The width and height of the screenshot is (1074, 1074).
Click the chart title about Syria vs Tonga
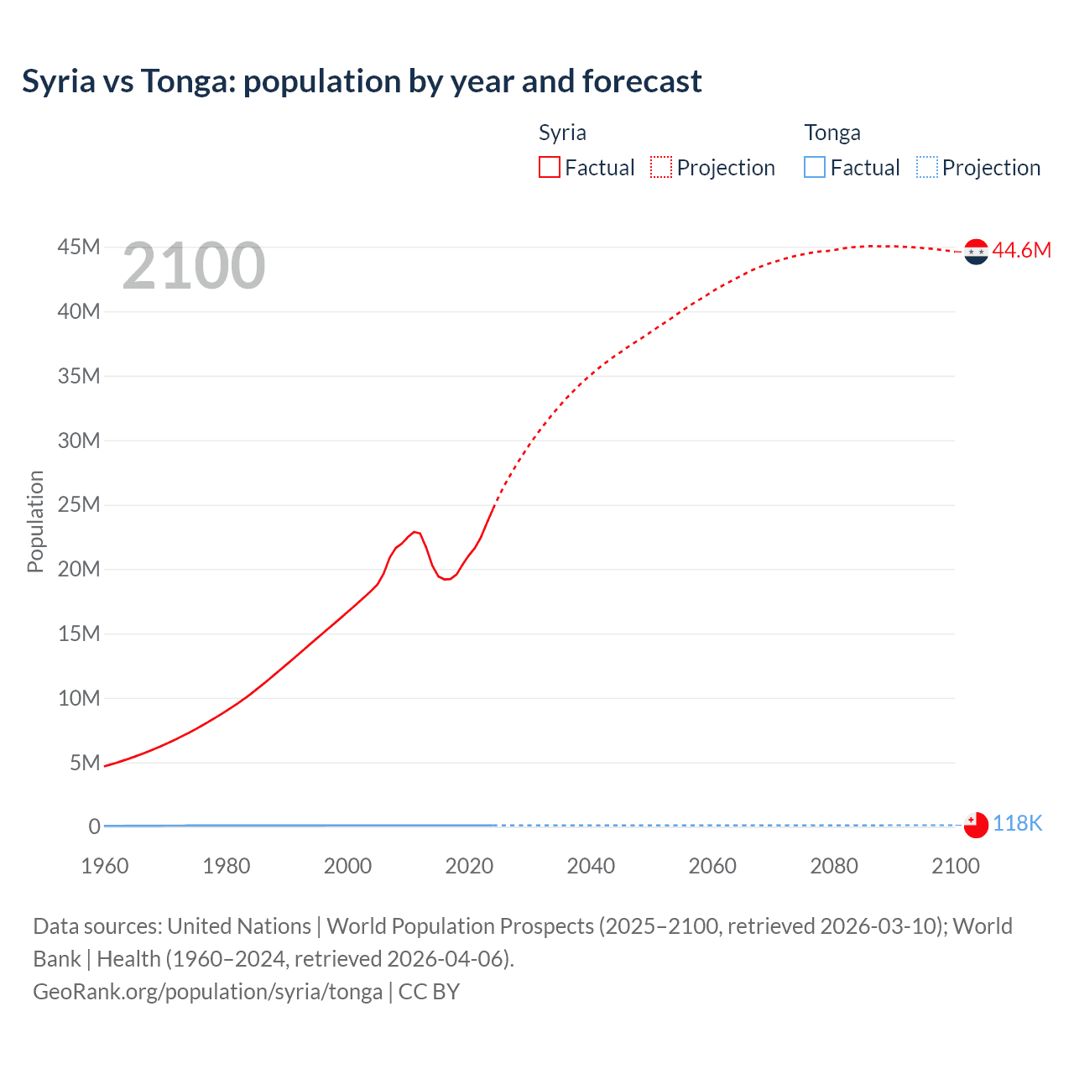coord(362,81)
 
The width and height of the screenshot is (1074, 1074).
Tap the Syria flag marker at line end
coord(976,251)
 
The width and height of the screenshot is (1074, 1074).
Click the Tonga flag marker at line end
coord(976,825)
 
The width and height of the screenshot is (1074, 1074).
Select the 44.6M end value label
coord(1021,250)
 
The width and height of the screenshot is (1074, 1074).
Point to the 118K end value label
coord(1017,824)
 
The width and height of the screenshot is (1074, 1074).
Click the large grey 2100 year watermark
coord(194,266)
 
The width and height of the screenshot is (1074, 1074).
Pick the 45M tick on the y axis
coord(79,248)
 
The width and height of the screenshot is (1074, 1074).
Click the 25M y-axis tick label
coord(79,505)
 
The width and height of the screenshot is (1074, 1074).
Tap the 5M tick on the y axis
coord(85,763)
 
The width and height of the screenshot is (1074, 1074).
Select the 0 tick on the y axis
coord(95,826)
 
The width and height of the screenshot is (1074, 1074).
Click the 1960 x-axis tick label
coord(105,866)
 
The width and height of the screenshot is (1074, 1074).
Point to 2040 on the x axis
coord(591,866)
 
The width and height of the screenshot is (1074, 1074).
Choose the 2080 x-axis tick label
coord(834,866)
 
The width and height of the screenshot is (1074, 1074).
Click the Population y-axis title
coord(35,521)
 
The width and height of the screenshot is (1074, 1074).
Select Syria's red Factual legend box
coord(550,168)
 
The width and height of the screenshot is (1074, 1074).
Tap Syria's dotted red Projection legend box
coord(661,168)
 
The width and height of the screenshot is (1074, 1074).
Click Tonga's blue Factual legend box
coord(815,168)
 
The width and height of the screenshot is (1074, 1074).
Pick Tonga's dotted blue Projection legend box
coord(927,168)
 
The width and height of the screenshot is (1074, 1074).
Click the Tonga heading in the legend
coord(832,133)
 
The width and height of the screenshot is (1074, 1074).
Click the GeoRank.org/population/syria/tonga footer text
coord(208,992)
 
